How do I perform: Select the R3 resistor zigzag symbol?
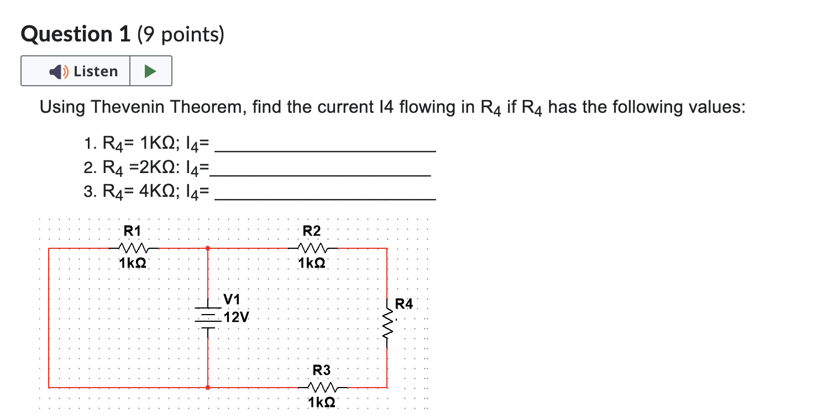click(322, 387)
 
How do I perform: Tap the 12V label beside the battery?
click(237, 317)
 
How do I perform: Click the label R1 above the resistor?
click(132, 231)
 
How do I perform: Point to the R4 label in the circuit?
click(404, 304)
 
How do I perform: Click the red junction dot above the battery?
click(207, 248)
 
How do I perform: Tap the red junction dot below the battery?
click(207, 388)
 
